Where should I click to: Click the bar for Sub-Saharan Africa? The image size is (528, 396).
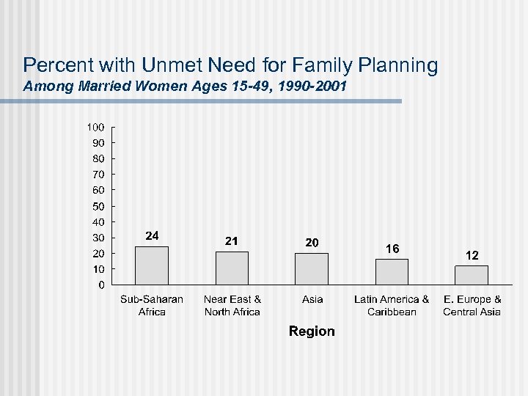tap(152, 265)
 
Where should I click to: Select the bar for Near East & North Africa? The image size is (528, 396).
tap(232, 268)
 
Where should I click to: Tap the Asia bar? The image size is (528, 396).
tap(312, 268)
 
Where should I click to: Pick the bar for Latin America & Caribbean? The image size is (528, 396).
tap(392, 271)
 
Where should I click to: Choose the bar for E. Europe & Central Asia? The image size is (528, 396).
tap(472, 275)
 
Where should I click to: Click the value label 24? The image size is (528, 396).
tap(152, 235)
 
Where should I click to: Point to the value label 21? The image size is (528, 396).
tap(232, 241)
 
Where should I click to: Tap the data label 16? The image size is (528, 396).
tap(392, 249)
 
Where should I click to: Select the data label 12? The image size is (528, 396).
tap(472, 255)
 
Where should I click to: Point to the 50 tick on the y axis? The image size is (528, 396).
tap(98, 206)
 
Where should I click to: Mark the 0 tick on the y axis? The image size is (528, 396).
tap(101, 285)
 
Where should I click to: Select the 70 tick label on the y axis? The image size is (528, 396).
tap(98, 175)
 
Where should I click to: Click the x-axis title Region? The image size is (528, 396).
tap(312, 331)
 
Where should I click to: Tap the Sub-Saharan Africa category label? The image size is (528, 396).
tap(152, 305)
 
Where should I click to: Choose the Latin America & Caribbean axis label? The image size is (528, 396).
tap(392, 305)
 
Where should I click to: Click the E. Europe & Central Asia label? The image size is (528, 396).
tap(472, 305)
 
